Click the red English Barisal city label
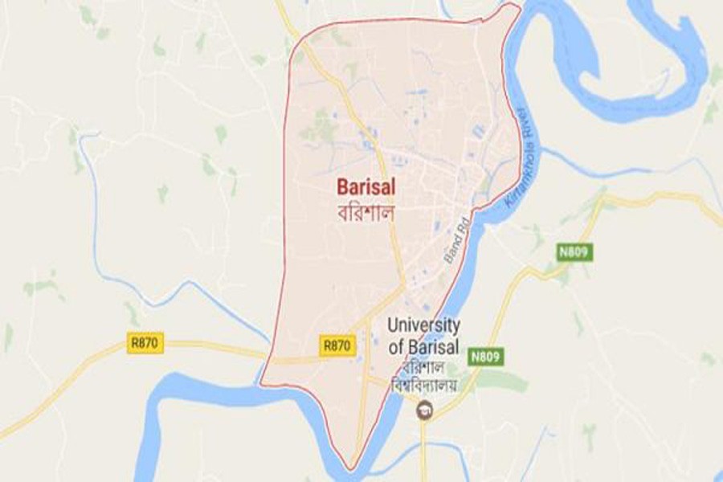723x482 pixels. pos(366,186)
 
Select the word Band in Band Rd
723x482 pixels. pos(451,255)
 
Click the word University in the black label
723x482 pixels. pos(423,325)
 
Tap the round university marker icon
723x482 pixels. pos(421,412)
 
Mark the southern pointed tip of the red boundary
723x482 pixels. pos(348,468)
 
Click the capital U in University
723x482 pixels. pos(393,325)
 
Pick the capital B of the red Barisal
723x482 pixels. pos(341,186)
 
